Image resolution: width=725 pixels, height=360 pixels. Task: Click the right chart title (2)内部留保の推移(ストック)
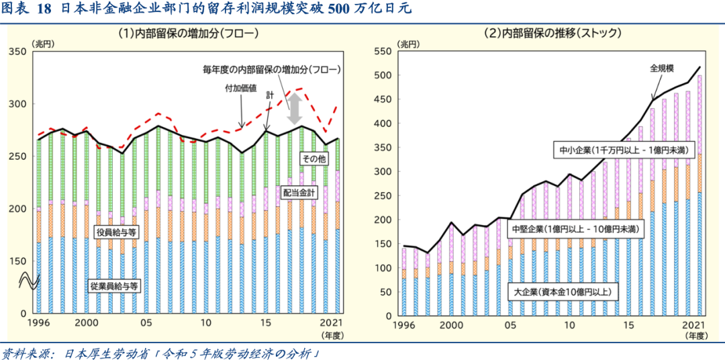[552, 33]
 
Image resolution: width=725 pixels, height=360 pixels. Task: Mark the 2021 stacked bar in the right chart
[700, 195]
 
